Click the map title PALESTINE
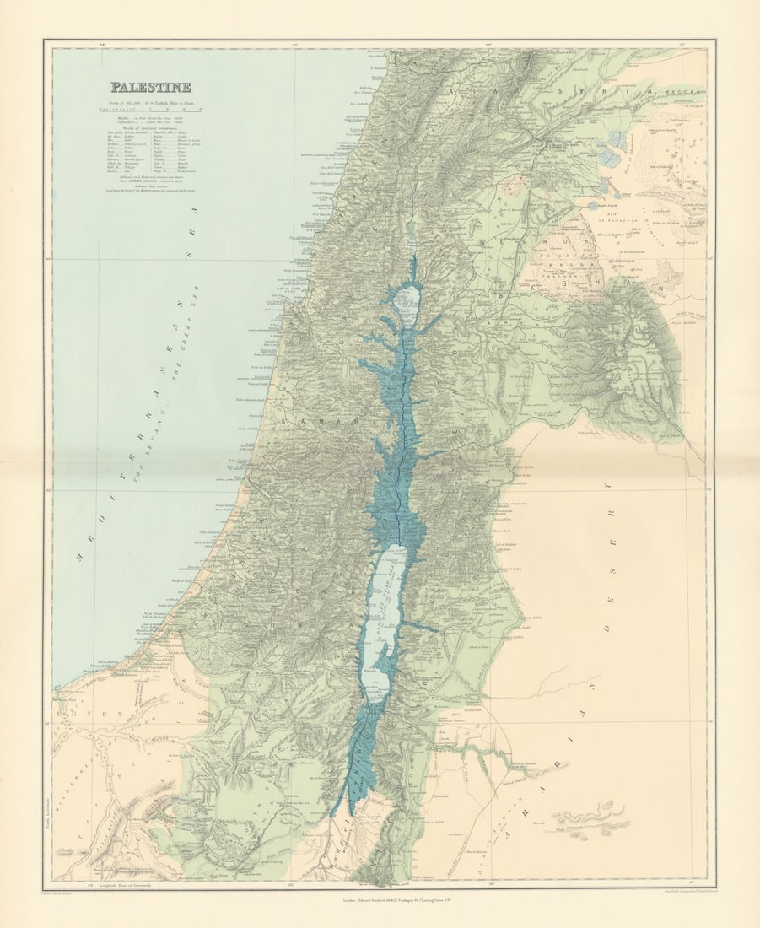(x=150, y=87)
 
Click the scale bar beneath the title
(x=150, y=109)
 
